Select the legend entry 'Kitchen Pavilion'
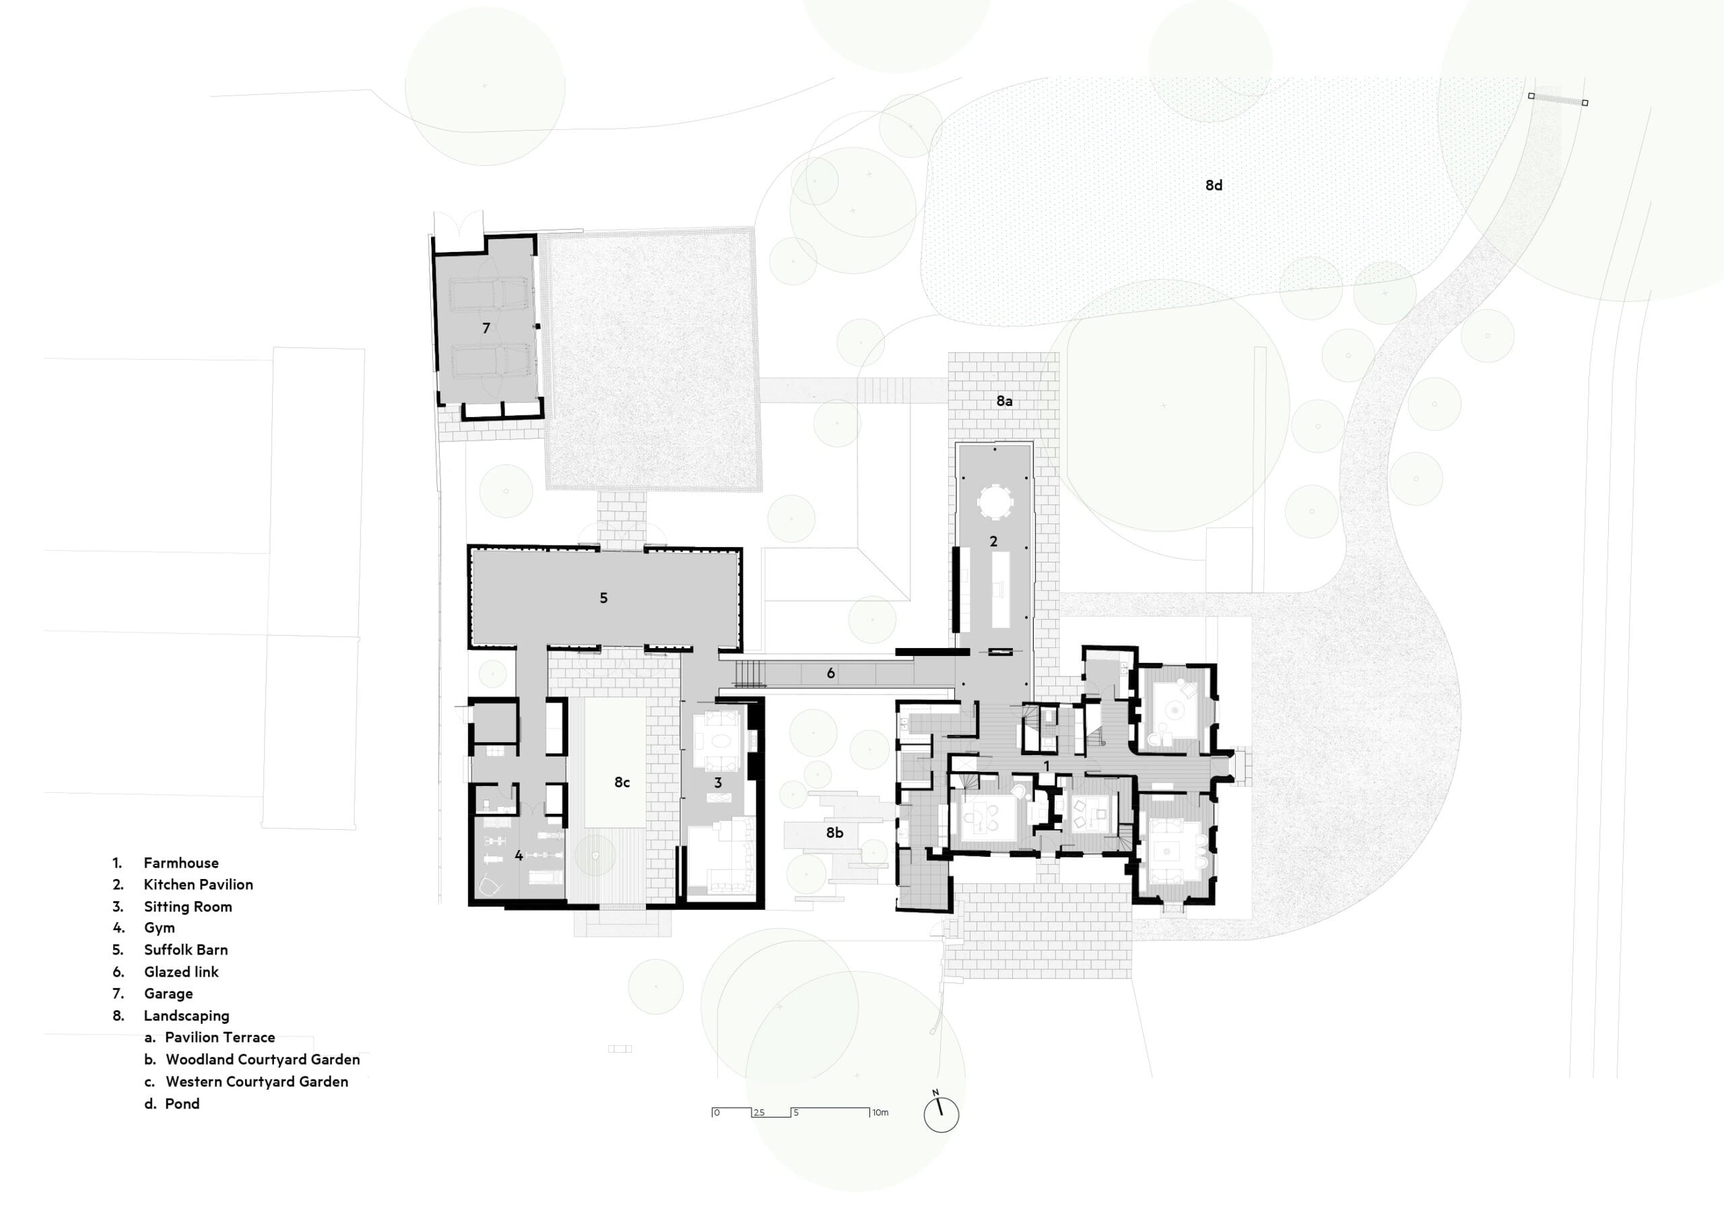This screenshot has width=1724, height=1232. pyautogui.click(x=199, y=884)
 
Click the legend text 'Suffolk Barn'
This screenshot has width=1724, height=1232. pyautogui.click(x=186, y=950)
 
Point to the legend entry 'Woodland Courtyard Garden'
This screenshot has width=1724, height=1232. pyautogui.click(x=263, y=1060)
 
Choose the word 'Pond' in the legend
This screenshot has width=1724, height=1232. pyautogui.click(x=182, y=1104)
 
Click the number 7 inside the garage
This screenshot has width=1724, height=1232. pyautogui.click(x=486, y=328)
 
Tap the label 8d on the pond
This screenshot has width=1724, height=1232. pyautogui.click(x=1214, y=185)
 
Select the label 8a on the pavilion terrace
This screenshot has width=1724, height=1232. pyautogui.click(x=1004, y=401)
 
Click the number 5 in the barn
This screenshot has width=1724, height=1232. pyautogui.click(x=604, y=597)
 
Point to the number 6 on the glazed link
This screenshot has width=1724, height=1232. pyautogui.click(x=830, y=673)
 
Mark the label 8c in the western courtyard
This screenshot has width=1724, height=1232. pyautogui.click(x=622, y=782)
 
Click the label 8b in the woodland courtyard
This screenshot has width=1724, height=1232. pyautogui.click(x=834, y=833)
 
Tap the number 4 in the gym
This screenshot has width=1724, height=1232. pyautogui.click(x=519, y=855)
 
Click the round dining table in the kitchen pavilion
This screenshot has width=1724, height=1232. pyautogui.click(x=995, y=502)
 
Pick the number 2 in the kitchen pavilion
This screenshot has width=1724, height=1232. pyautogui.click(x=993, y=542)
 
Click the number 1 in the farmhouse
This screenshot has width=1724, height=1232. pyautogui.click(x=1047, y=766)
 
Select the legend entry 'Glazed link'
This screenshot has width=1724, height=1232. pyautogui.click(x=181, y=972)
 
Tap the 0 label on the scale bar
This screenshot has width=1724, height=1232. pyautogui.click(x=717, y=1113)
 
